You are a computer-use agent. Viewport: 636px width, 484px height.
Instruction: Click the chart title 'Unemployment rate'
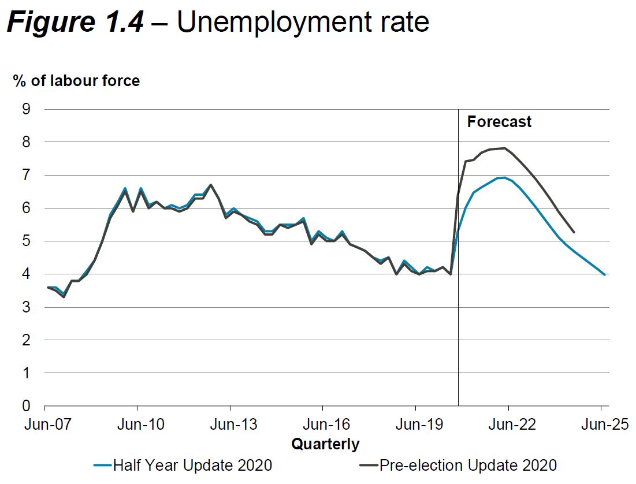[303, 23]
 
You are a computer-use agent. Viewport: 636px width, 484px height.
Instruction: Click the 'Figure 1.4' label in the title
[75, 23]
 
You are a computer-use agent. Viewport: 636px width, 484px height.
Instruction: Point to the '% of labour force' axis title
[77, 80]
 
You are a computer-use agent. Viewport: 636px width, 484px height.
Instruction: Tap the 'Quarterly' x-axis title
[325, 444]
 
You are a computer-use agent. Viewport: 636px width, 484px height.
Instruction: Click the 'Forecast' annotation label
[499, 122]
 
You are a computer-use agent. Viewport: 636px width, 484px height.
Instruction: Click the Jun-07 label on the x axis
[44, 425]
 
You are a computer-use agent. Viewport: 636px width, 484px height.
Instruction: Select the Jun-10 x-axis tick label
[136, 425]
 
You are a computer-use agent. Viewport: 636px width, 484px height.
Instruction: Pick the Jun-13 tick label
[230, 425]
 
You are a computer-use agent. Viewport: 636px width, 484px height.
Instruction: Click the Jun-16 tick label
[322, 425]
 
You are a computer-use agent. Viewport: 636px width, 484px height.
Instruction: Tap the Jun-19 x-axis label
[415, 425]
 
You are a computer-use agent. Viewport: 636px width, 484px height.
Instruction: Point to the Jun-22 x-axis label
[508, 425]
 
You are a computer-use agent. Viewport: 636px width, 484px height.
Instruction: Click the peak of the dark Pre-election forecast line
[505, 148]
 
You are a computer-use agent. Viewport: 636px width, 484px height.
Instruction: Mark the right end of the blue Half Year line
[604, 275]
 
